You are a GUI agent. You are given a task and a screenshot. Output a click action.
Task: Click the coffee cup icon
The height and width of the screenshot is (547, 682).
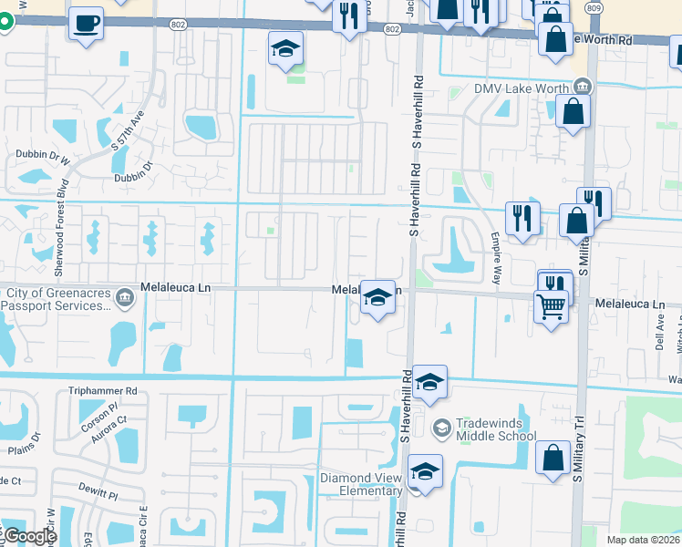tap(86, 23)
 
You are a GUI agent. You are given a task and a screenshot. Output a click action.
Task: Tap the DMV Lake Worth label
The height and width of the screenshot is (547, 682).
tap(515, 88)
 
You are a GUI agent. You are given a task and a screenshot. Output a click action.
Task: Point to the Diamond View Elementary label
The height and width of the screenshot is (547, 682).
tap(361, 484)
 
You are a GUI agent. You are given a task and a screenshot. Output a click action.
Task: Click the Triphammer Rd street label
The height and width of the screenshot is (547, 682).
tap(102, 390)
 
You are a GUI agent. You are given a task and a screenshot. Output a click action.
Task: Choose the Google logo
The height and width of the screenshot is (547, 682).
tap(29, 536)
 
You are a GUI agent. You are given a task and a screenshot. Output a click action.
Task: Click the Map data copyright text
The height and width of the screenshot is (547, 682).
tap(644, 540)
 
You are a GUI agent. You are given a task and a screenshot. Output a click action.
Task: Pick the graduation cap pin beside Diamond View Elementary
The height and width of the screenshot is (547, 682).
tap(425, 471)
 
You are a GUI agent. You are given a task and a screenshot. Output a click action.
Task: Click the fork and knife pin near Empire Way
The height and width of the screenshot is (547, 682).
tap(522, 218)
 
